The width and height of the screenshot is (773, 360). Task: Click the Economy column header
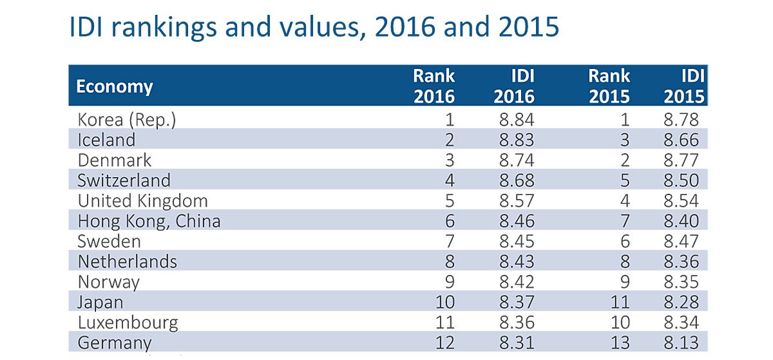(x=114, y=87)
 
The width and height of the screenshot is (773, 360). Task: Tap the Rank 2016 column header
(x=434, y=86)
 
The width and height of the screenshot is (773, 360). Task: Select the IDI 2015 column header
(x=684, y=86)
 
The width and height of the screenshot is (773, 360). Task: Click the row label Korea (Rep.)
(x=127, y=120)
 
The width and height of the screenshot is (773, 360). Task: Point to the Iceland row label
(x=106, y=140)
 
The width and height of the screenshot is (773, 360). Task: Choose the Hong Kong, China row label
(x=149, y=221)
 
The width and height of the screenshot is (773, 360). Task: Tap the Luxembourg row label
(x=128, y=323)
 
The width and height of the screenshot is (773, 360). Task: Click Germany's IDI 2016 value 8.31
(x=517, y=343)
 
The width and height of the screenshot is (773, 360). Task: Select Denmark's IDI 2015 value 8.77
(x=682, y=160)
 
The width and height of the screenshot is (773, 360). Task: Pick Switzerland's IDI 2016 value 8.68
(x=517, y=180)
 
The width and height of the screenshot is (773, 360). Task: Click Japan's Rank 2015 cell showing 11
(x=620, y=302)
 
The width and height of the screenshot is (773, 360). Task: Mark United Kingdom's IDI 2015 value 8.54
(x=682, y=200)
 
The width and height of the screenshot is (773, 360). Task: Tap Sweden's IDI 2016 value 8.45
(x=517, y=242)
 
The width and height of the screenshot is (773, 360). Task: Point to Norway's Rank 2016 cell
(x=450, y=281)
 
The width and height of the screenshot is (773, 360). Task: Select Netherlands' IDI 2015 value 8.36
(x=682, y=261)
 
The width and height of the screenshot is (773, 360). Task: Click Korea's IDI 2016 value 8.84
(x=517, y=120)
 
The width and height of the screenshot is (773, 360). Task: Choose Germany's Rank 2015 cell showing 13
(x=620, y=343)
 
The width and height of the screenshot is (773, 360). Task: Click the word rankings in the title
(x=164, y=28)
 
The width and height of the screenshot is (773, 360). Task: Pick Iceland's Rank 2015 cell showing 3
(x=625, y=140)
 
